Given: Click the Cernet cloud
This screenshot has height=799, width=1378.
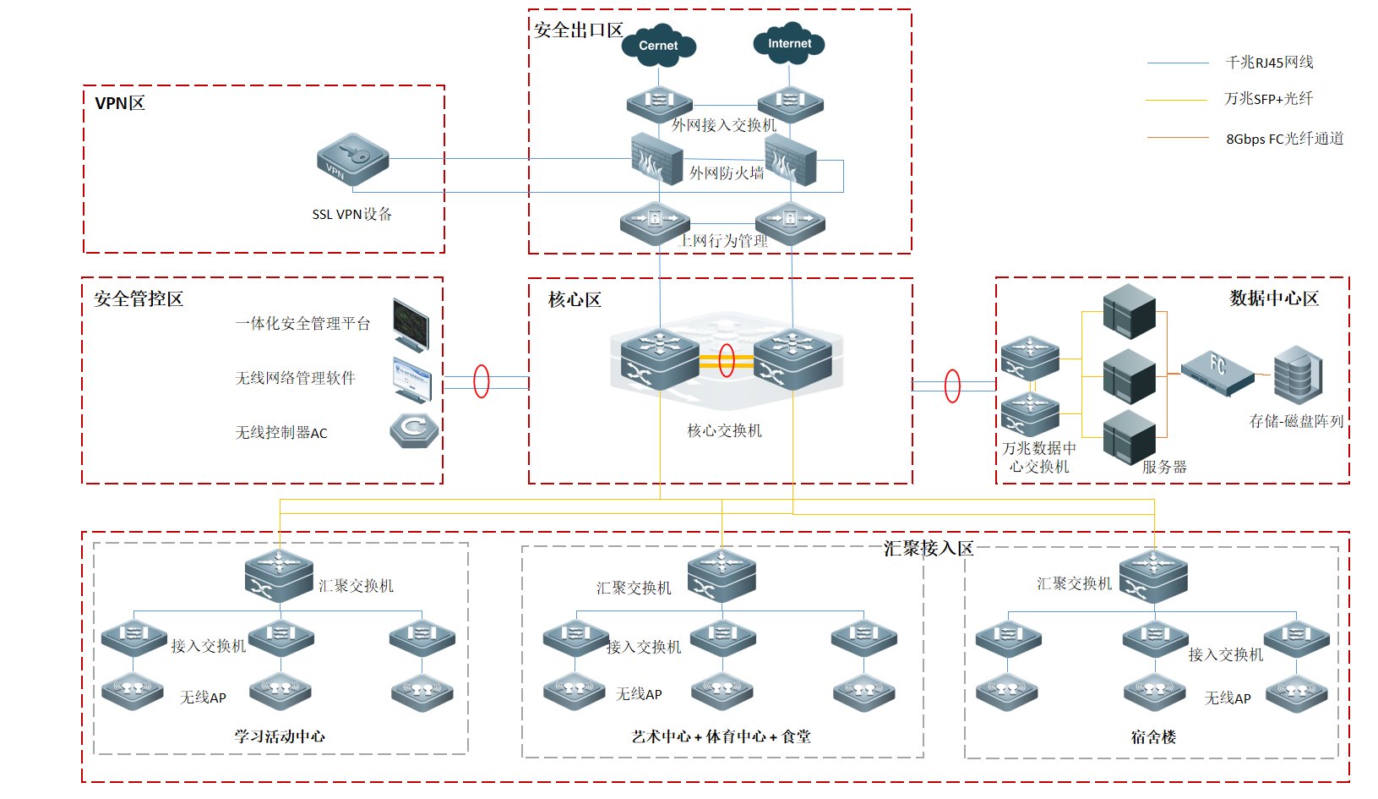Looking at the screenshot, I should [x=658, y=46].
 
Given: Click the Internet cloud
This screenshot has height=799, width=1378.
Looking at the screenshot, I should [x=789, y=44].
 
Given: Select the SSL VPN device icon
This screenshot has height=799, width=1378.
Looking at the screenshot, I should [x=352, y=158].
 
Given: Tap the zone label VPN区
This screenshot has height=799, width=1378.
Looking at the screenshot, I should [x=120, y=103].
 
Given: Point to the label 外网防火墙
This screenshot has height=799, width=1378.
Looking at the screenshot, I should [x=727, y=173].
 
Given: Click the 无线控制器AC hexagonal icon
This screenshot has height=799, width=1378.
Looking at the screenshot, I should [x=414, y=430].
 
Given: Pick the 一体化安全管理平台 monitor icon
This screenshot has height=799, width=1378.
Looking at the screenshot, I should [x=411, y=324].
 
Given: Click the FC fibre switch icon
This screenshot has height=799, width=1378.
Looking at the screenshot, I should [x=1217, y=373].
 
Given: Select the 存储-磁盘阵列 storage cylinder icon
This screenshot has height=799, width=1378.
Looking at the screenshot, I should [x=1298, y=375].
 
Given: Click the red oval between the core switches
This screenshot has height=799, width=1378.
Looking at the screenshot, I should [x=726, y=361].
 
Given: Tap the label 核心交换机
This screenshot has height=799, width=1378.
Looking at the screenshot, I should [x=724, y=430].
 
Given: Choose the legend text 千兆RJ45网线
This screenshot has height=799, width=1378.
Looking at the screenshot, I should [x=1269, y=63].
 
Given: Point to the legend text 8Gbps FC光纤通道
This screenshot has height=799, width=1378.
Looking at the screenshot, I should [x=1284, y=139].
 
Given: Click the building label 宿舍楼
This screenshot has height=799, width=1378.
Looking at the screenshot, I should [x=1153, y=736].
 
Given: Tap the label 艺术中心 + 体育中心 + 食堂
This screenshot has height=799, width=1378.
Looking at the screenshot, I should [x=721, y=736].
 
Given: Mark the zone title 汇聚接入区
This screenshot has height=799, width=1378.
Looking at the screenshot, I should [x=928, y=549].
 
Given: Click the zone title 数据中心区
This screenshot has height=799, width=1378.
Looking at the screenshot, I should [x=1273, y=298].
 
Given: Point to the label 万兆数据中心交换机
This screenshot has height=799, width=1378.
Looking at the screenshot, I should [x=1039, y=457].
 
